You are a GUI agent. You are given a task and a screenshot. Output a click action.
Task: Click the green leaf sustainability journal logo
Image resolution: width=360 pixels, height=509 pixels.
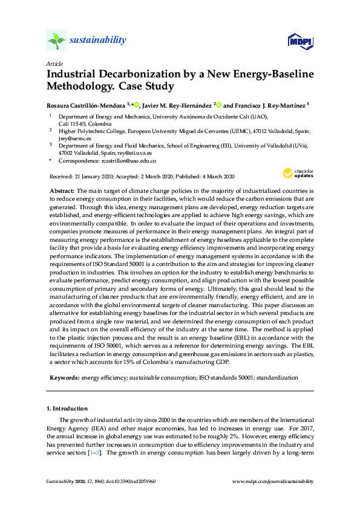(56, 41)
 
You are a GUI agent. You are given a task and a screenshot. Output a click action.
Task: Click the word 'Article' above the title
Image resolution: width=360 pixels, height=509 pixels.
(53, 63)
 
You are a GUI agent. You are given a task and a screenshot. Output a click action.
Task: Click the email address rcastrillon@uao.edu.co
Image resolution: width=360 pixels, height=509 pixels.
(129, 161)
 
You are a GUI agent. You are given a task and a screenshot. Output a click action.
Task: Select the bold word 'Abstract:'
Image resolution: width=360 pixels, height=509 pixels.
(62, 190)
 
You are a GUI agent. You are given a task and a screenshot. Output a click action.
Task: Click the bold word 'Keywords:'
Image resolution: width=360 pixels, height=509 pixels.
(65, 377)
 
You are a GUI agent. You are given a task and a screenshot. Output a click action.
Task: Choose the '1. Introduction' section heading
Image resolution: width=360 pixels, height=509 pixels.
(68, 409)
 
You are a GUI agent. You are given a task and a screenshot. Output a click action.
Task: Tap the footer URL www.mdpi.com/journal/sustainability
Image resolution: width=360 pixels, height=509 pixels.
(273, 481)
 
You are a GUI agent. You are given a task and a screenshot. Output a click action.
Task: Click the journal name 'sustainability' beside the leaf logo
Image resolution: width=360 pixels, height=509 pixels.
(98, 41)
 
